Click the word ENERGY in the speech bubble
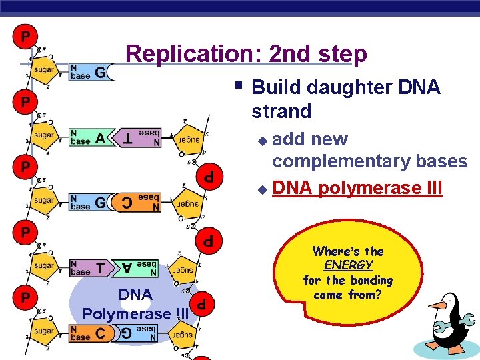348,265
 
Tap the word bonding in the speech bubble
367,280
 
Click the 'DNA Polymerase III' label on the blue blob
135,304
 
